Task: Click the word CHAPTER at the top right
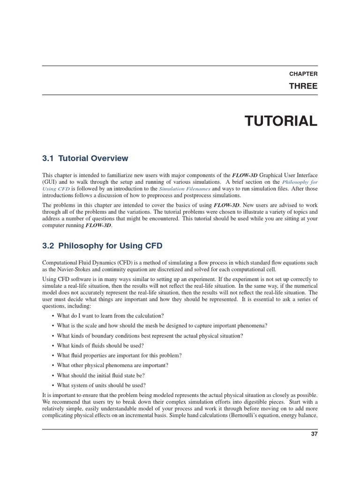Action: [x=303, y=74]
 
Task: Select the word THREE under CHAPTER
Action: [x=303, y=86]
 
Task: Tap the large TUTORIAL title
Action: [x=281, y=121]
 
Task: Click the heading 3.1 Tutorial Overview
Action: [x=85, y=158]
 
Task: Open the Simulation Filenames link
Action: [x=190, y=188]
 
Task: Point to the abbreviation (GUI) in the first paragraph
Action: [x=49, y=182]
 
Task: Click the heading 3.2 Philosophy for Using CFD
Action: [x=102, y=245]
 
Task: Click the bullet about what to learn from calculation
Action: [x=110, y=315]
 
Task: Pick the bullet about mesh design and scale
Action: [x=162, y=325]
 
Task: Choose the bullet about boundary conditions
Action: [x=150, y=336]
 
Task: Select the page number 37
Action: [x=314, y=434]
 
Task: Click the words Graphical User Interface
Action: [x=289, y=175]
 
